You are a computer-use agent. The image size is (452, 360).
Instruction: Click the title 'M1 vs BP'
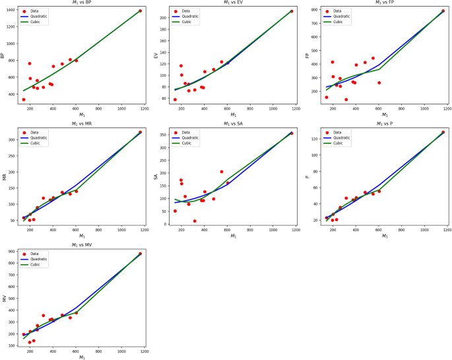81,3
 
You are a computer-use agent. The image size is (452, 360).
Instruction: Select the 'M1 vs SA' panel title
233,124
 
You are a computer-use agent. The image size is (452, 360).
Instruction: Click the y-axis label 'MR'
4,176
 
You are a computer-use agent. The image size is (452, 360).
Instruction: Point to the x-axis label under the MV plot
82,357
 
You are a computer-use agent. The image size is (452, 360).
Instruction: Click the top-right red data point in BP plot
141,11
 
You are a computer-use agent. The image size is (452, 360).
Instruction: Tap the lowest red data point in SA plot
195,221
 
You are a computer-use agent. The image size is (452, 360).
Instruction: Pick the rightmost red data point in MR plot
141,132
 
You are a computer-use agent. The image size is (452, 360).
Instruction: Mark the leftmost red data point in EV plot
175,100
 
